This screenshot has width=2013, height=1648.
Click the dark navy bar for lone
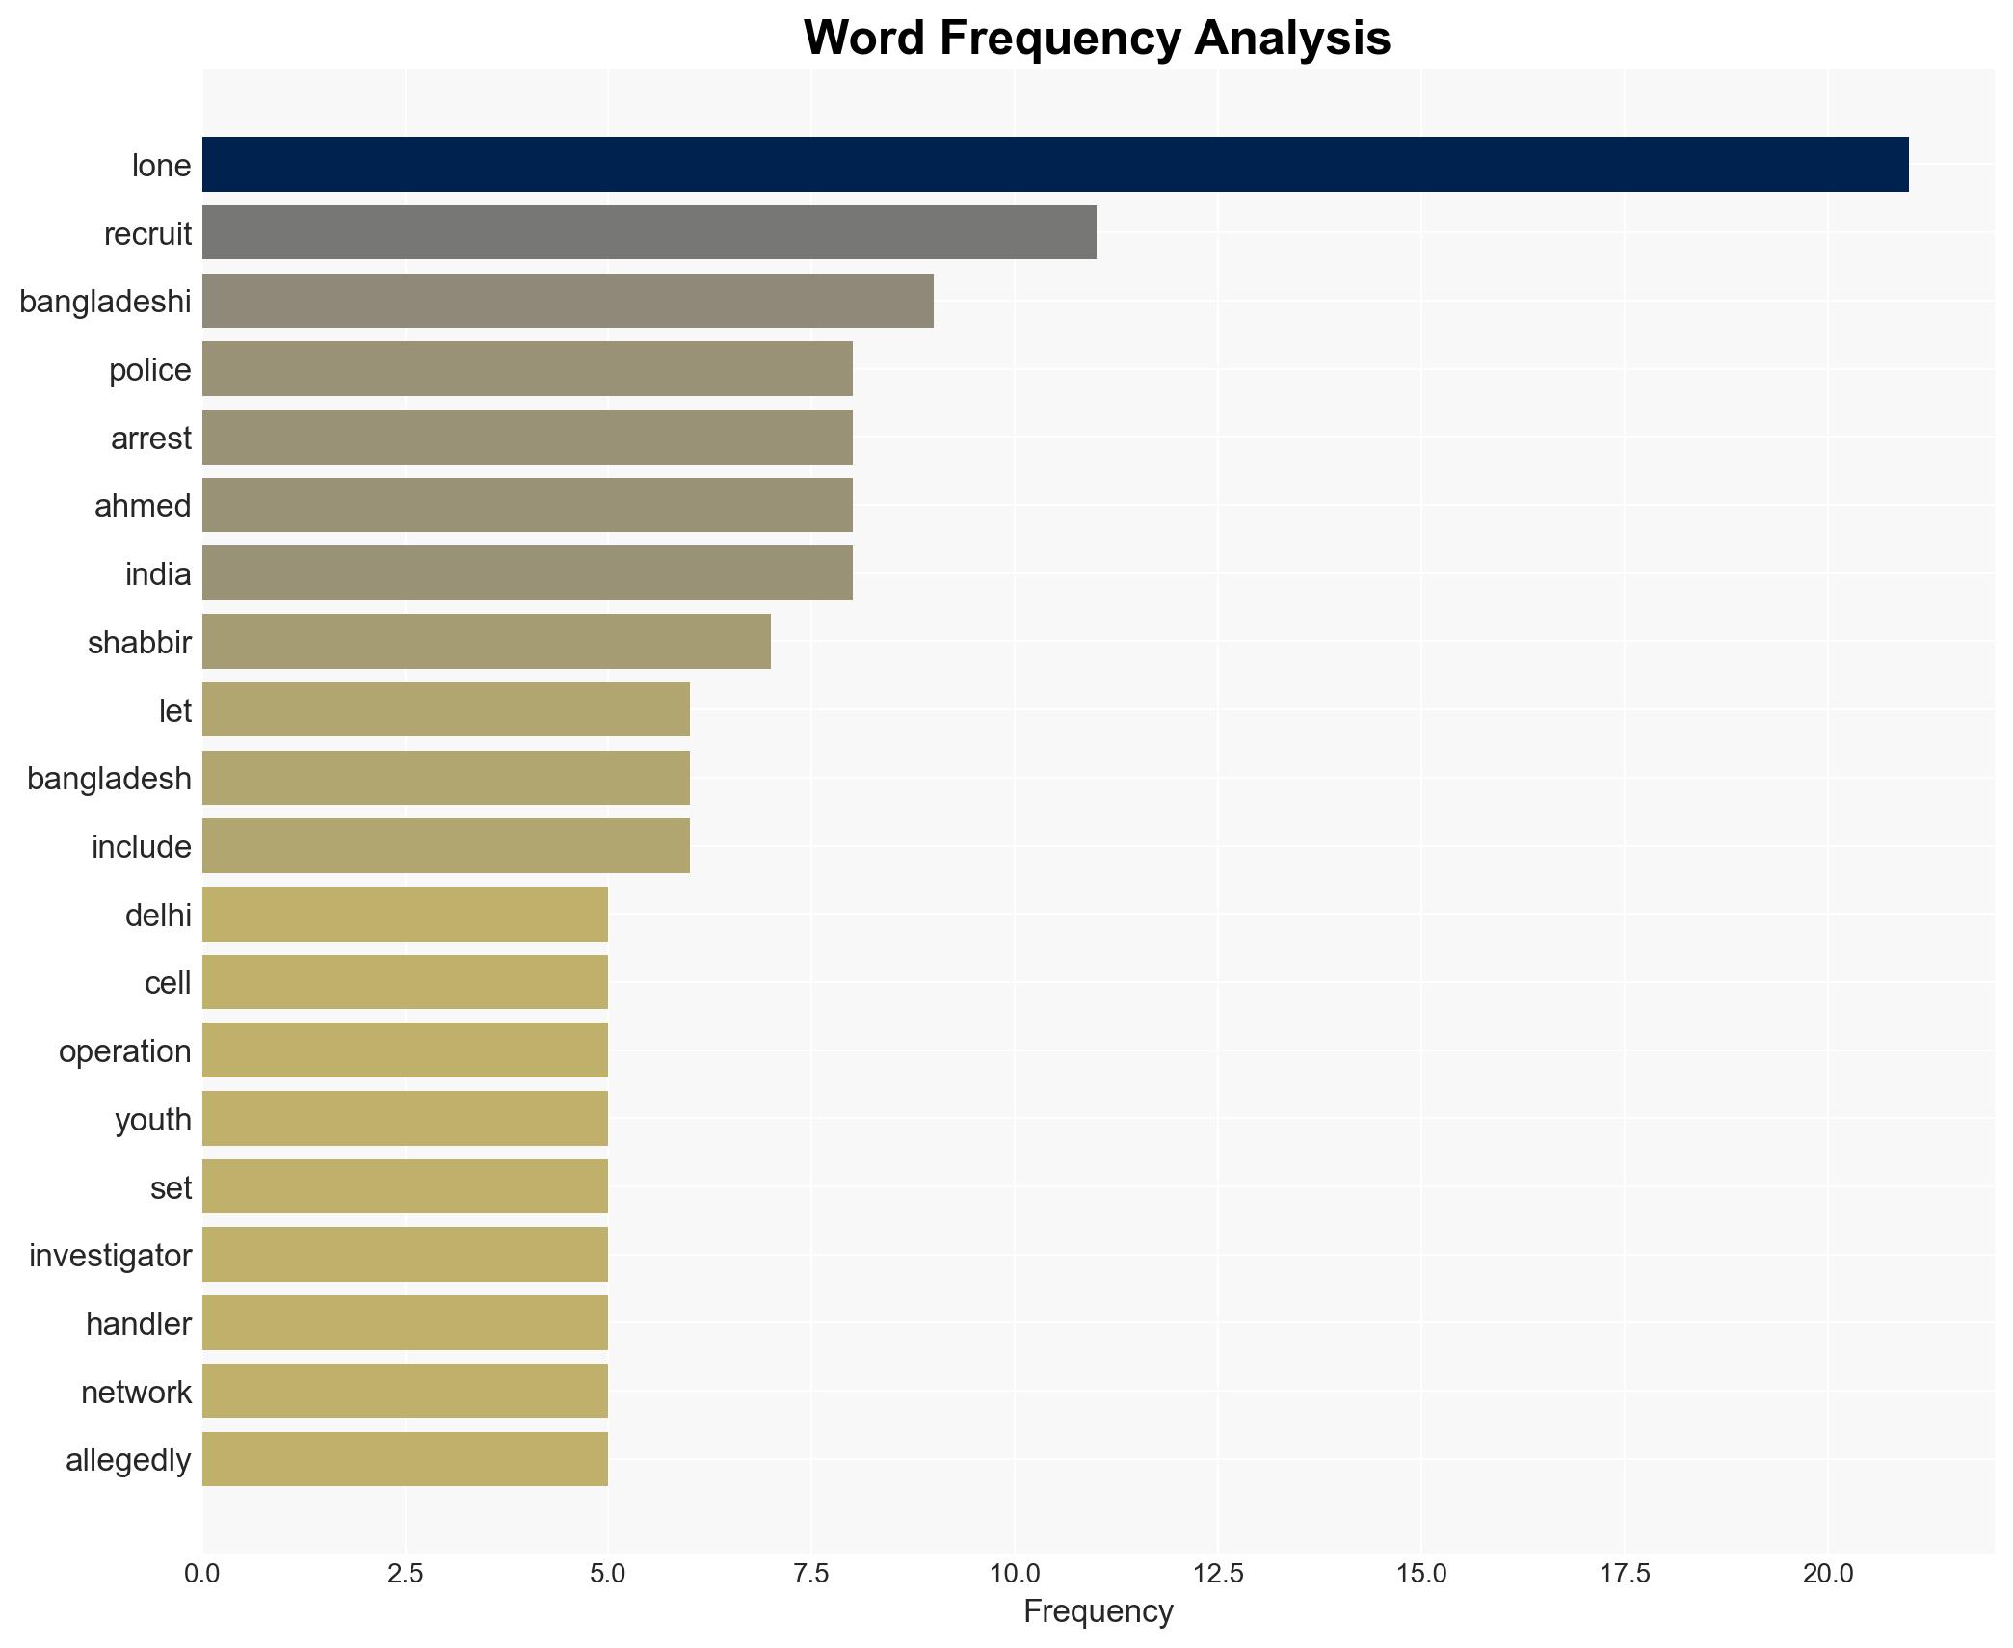pos(1054,165)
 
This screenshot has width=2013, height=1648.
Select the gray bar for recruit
pos(649,233)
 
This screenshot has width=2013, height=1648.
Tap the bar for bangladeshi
pos(568,302)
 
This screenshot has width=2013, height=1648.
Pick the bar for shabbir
pos(486,642)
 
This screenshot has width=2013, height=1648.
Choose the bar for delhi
pos(405,915)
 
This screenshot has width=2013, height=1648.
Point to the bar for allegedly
pos(405,1459)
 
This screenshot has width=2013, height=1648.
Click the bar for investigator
pos(405,1255)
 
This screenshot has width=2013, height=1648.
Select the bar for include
pos(445,846)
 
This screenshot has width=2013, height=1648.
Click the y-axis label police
pos(149,370)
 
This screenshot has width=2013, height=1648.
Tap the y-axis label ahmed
pos(143,506)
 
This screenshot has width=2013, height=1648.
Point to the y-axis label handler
pos(138,1324)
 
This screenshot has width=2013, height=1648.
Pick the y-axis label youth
pos(152,1120)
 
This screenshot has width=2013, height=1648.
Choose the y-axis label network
pos(136,1393)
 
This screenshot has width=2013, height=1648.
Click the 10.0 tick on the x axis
pos(1015,1574)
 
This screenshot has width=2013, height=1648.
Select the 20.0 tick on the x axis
pos(1827,1574)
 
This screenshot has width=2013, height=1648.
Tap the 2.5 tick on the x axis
pos(405,1574)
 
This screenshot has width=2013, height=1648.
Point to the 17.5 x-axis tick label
pos(1625,1574)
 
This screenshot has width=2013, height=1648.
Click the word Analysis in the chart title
pos(1291,39)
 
